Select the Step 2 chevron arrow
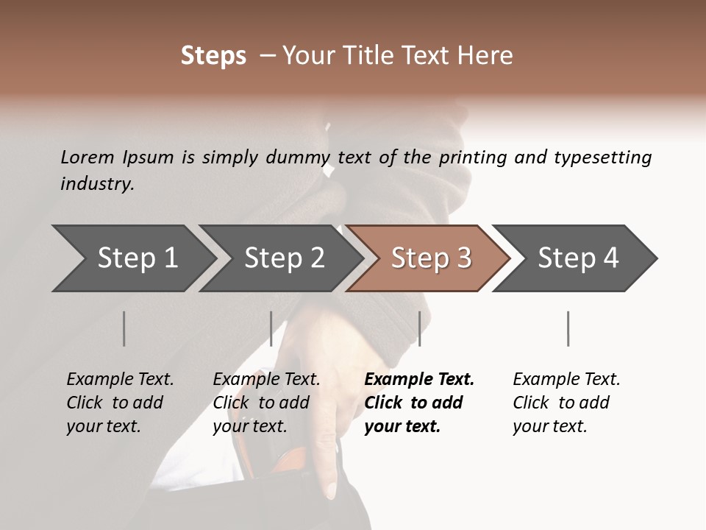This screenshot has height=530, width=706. tap(284, 258)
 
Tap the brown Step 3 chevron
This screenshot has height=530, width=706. tap(431, 258)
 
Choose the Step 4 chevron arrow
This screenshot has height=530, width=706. tap(578, 258)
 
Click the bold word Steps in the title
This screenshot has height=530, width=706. tap(213, 56)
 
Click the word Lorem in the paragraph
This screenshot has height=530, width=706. tap(87, 157)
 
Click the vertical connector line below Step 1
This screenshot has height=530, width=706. tap(124, 328)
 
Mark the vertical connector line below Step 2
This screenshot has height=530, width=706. tap(271, 328)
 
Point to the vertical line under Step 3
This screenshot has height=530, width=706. tap(419, 328)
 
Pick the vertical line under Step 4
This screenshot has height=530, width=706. tap(568, 328)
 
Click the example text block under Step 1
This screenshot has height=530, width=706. tap(120, 403)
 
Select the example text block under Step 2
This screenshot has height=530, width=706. tap(266, 403)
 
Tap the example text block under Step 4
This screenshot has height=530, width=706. tap(566, 403)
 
